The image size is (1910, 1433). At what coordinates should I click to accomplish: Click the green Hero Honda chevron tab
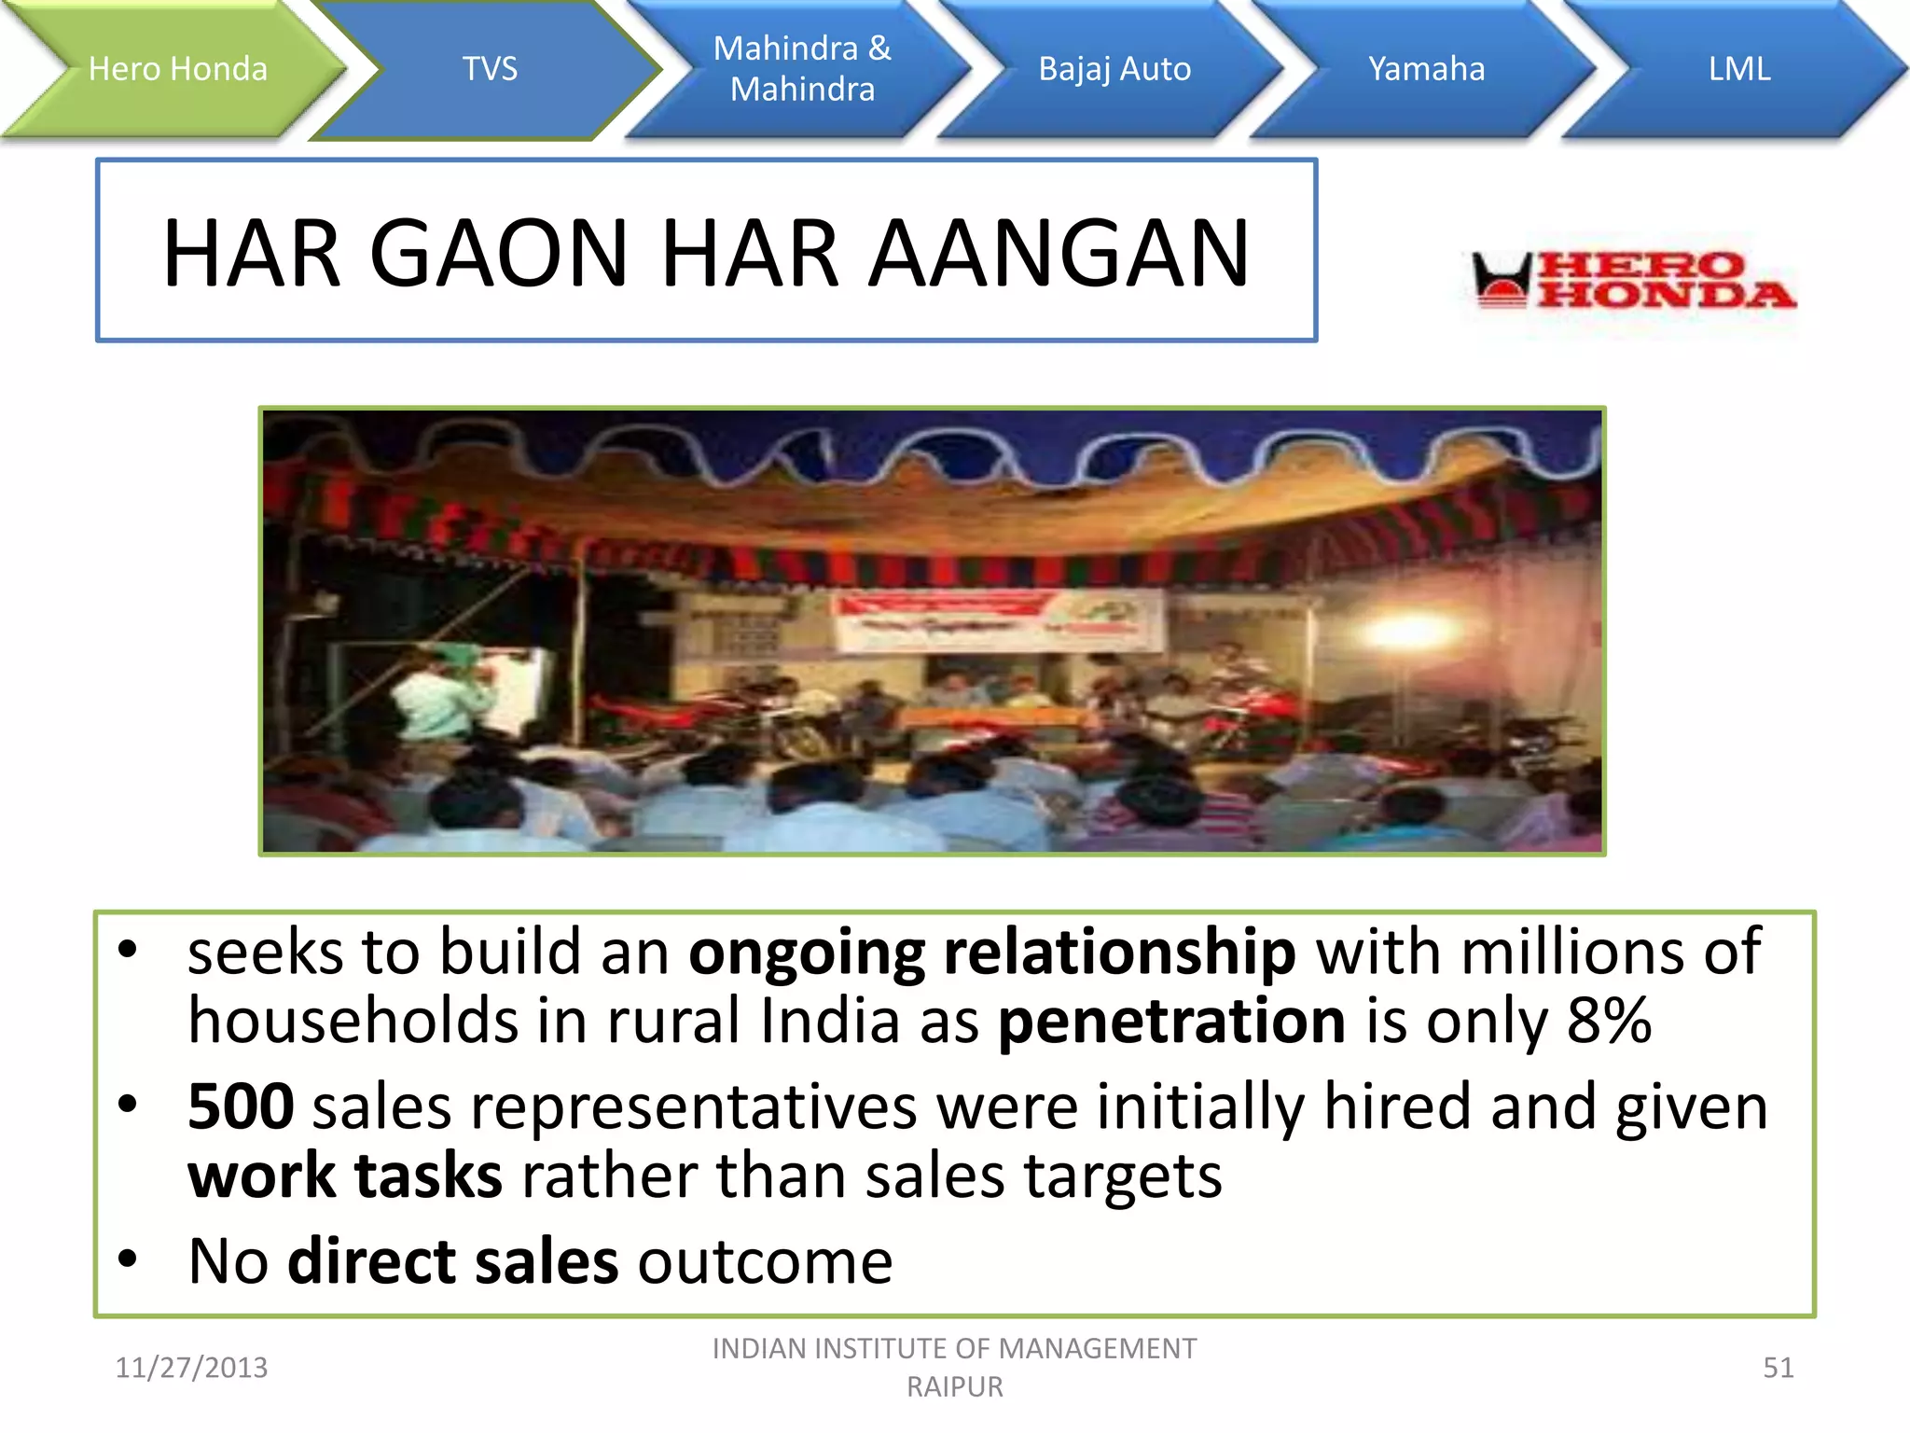[177, 69]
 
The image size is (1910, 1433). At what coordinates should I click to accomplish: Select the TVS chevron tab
[490, 69]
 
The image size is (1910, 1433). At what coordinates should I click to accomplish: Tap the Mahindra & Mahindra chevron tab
[802, 69]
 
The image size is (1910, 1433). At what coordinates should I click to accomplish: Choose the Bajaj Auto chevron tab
[1114, 69]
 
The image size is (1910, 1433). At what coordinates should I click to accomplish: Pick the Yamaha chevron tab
[1426, 69]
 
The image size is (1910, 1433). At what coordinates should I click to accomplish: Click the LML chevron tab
[1738, 69]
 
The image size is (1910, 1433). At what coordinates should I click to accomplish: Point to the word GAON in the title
[499, 253]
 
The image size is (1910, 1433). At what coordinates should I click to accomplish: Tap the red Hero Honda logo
[1632, 280]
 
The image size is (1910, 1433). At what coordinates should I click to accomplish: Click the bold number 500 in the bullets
[241, 1106]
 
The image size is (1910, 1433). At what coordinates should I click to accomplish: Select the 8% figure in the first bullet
[1609, 1021]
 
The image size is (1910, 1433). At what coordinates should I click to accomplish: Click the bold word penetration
[1171, 1021]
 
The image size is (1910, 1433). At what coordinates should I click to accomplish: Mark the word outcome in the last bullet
[765, 1261]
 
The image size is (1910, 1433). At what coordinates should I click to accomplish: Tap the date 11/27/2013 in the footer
[191, 1368]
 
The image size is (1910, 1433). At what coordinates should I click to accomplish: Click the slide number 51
[1778, 1368]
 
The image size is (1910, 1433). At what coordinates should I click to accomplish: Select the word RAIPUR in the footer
[955, 1387]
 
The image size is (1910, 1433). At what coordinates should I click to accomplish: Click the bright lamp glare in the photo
[1408, 634]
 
